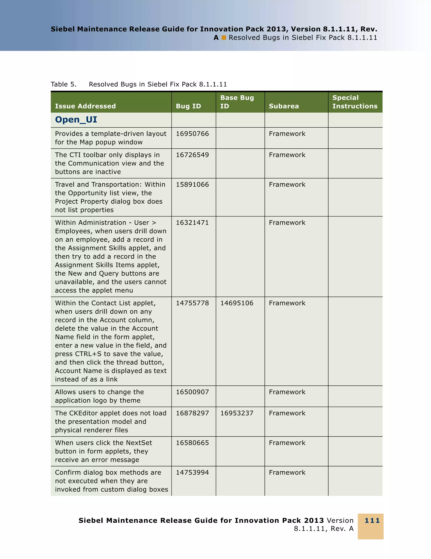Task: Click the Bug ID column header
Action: [x=188, y=106]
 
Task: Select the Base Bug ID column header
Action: [x=237, y=102]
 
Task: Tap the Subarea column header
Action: [x=284, y=106]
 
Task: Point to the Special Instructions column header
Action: [x=355, y=102]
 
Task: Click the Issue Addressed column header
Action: [x=85, y=106]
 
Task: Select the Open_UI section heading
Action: [x=76, y=120]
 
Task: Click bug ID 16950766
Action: [x=192, y=134]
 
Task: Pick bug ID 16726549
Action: [x=192, y=155]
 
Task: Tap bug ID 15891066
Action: [x=192, y=185]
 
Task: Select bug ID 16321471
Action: [x=192, y=223]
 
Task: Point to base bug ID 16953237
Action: [x=237, y=413]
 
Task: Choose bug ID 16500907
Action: [x=192, y=392]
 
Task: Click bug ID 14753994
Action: [x=192, y=472]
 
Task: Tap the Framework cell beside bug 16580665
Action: [x=287, y=443]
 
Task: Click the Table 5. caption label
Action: [x=63, y=84]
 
